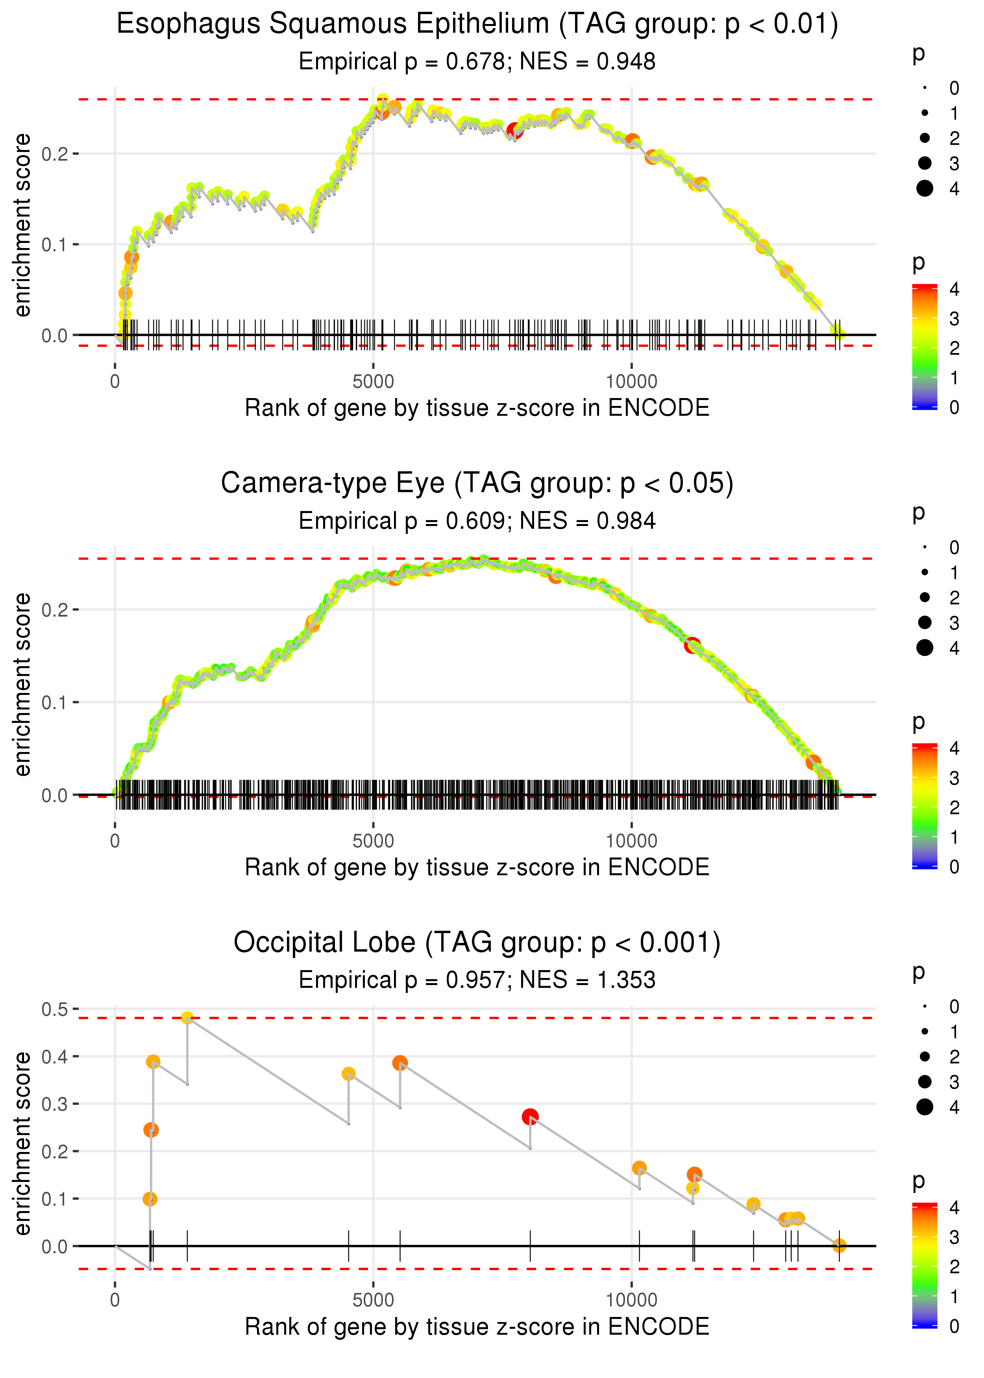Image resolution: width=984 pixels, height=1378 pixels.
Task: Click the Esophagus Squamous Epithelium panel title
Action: (477, 24)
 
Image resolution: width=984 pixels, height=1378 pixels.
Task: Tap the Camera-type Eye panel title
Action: (477, 483)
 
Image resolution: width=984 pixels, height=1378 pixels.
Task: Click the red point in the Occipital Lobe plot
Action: (530, 1116)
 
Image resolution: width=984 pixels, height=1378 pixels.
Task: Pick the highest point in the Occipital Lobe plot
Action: (187, 1018)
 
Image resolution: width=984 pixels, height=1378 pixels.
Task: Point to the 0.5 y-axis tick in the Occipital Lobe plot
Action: (55, 1009)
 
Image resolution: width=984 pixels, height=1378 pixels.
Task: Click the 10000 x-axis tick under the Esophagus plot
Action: (631, 382)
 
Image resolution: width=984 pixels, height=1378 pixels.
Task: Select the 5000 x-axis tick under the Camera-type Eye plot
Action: (373, 841)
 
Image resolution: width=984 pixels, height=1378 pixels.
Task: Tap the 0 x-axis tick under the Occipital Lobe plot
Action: (115, 1300)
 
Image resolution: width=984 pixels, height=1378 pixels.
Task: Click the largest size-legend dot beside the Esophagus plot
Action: (925, 189)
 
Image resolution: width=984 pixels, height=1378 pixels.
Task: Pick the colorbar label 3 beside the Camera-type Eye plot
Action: (954, 778)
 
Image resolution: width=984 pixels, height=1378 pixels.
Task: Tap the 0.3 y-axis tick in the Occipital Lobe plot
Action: (55, 1104)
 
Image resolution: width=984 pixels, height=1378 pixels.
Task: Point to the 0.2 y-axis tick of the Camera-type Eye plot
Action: (55, 609)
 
